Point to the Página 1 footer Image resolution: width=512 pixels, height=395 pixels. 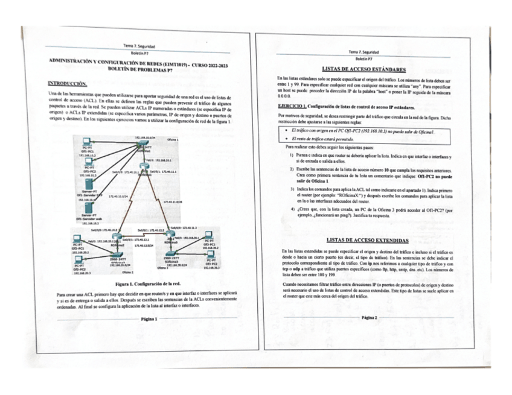point(149,318)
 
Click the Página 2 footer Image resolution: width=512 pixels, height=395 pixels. point(368,317)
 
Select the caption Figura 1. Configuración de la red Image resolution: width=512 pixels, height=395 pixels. point(149,282)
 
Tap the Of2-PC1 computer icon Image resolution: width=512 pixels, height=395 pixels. point(79,239)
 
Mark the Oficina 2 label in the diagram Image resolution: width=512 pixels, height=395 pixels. point(126,272)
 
